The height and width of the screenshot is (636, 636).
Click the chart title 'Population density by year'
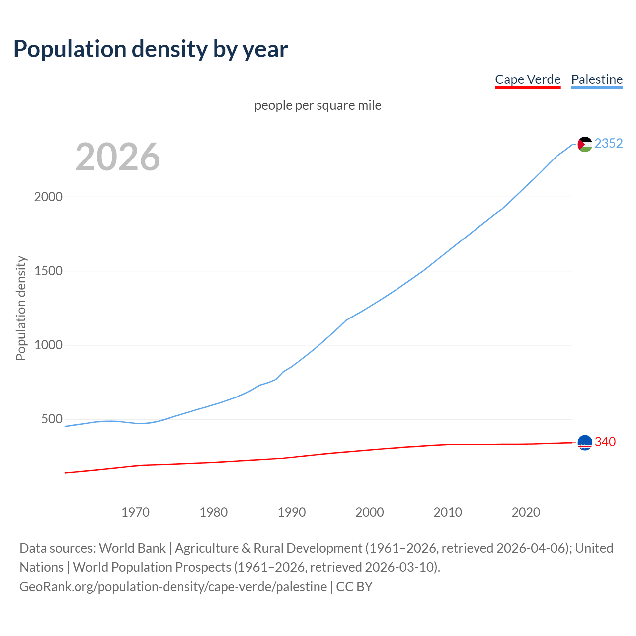click(x=151, y=49)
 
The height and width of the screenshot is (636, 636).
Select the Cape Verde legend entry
click(x=528, y=79)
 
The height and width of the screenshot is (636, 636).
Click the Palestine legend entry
click(x=597, y=79)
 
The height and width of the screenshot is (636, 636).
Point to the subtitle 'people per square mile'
click(x=318, y=106)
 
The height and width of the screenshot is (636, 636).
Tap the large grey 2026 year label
click(x=118, y=157)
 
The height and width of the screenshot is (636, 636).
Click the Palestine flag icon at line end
click(x=585, y=144)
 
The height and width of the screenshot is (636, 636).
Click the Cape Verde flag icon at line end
click(x=585, y=442)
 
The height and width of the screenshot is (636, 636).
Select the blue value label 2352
click(x=609, y=144)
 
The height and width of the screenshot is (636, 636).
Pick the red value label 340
click(x=605, y=442)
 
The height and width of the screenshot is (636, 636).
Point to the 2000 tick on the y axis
click(x=48, y=197)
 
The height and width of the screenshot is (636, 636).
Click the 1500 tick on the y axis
click(x=48, y=271)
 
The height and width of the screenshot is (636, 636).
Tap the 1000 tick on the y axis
click(x=48, y=345)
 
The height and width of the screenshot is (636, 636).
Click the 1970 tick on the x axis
click(x=135, y=512)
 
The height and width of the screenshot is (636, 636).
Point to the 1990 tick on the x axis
click(x=292, y=512)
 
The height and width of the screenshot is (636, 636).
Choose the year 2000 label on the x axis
click(x=370, y=512)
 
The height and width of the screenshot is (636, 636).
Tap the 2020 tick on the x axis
click(x=526, y=512)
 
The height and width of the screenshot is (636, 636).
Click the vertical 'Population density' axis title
click(x=21, y=308)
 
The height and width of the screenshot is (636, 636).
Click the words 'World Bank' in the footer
click(x=132, y=548)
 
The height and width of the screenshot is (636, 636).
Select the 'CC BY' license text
click(x=354, y=587)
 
